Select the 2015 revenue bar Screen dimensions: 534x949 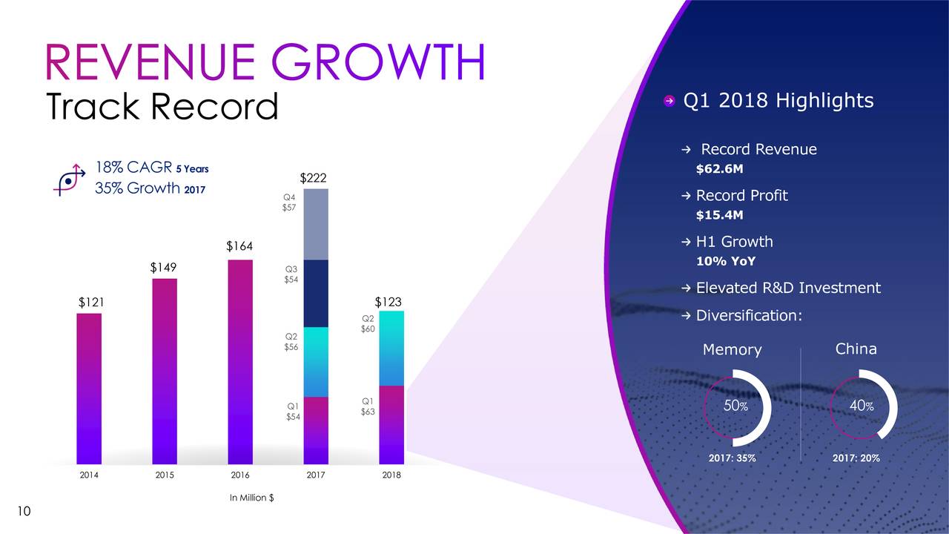[x=165, y=371]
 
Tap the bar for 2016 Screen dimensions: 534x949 [x=240, y=362]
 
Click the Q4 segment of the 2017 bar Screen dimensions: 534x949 [x=316, y=224]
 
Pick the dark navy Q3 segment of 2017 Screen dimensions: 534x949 [x=316, y=293]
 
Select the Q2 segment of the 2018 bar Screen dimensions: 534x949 [x=391, y=349]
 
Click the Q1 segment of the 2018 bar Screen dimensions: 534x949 [x=391, y=424]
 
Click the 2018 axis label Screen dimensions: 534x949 [x=391, y=475]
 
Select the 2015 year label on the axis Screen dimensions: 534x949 [x=165, y=475]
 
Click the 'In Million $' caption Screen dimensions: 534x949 [x=251, y=498]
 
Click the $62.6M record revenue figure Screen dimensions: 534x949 [x=719, y=169]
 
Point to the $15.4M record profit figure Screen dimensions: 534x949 [x=719, y=215]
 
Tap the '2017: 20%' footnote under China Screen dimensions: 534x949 [x=856, y=458]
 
